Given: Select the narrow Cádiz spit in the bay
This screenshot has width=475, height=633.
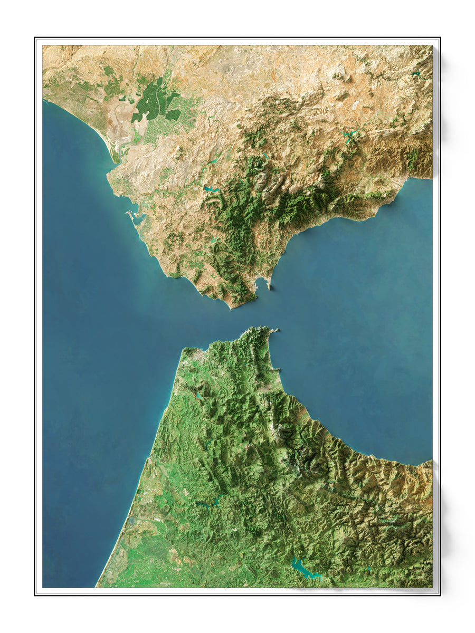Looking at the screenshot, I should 128,214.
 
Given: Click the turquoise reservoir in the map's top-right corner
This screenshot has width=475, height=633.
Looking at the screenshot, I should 417,74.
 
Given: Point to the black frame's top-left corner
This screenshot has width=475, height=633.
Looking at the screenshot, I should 35,38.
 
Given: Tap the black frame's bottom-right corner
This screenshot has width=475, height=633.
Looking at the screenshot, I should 440,595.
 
